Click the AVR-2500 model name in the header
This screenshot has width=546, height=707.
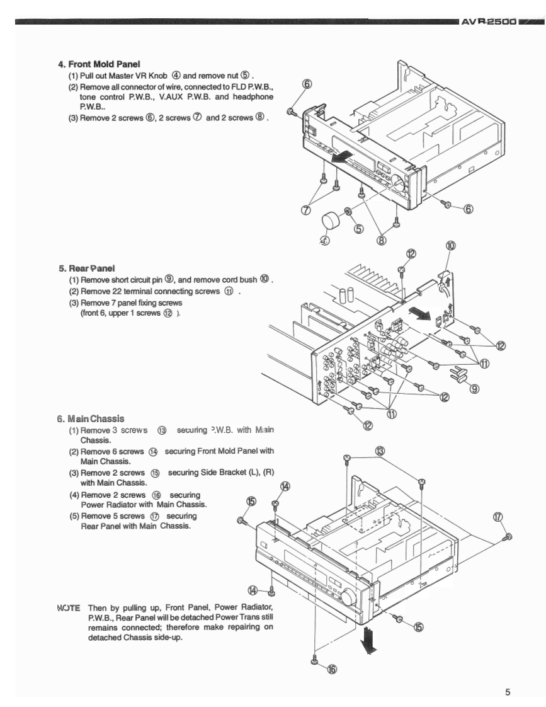coord(489,22)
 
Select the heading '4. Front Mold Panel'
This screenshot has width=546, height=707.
coord(99,64)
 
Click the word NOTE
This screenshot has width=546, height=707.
coord(68,607)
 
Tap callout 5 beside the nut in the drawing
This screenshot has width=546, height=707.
coord(358,229)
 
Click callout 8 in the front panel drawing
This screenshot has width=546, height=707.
coord(381,239)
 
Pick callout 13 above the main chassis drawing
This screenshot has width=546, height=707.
coord(380,451)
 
